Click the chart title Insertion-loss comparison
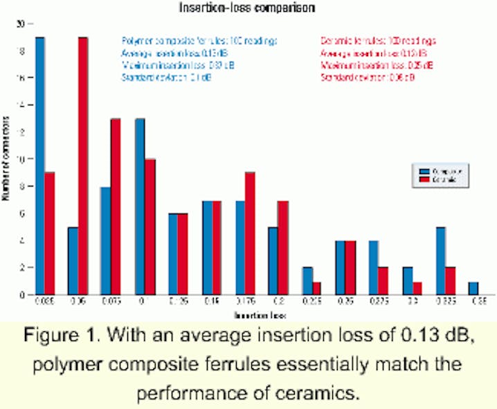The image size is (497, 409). pos(249,8)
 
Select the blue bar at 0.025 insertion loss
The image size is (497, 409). pos(40,166)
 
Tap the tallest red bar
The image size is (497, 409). pos(82,166)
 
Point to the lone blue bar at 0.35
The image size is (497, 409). pos(474,288)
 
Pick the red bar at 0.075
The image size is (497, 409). pos(116,207)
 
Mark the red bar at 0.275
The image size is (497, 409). pos(383,281)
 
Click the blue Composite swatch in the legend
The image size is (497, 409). pos(424,170)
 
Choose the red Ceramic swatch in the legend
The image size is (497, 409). pos(424,180)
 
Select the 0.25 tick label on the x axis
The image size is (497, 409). pos(350,302)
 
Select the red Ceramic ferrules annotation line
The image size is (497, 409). pos(378,40)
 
